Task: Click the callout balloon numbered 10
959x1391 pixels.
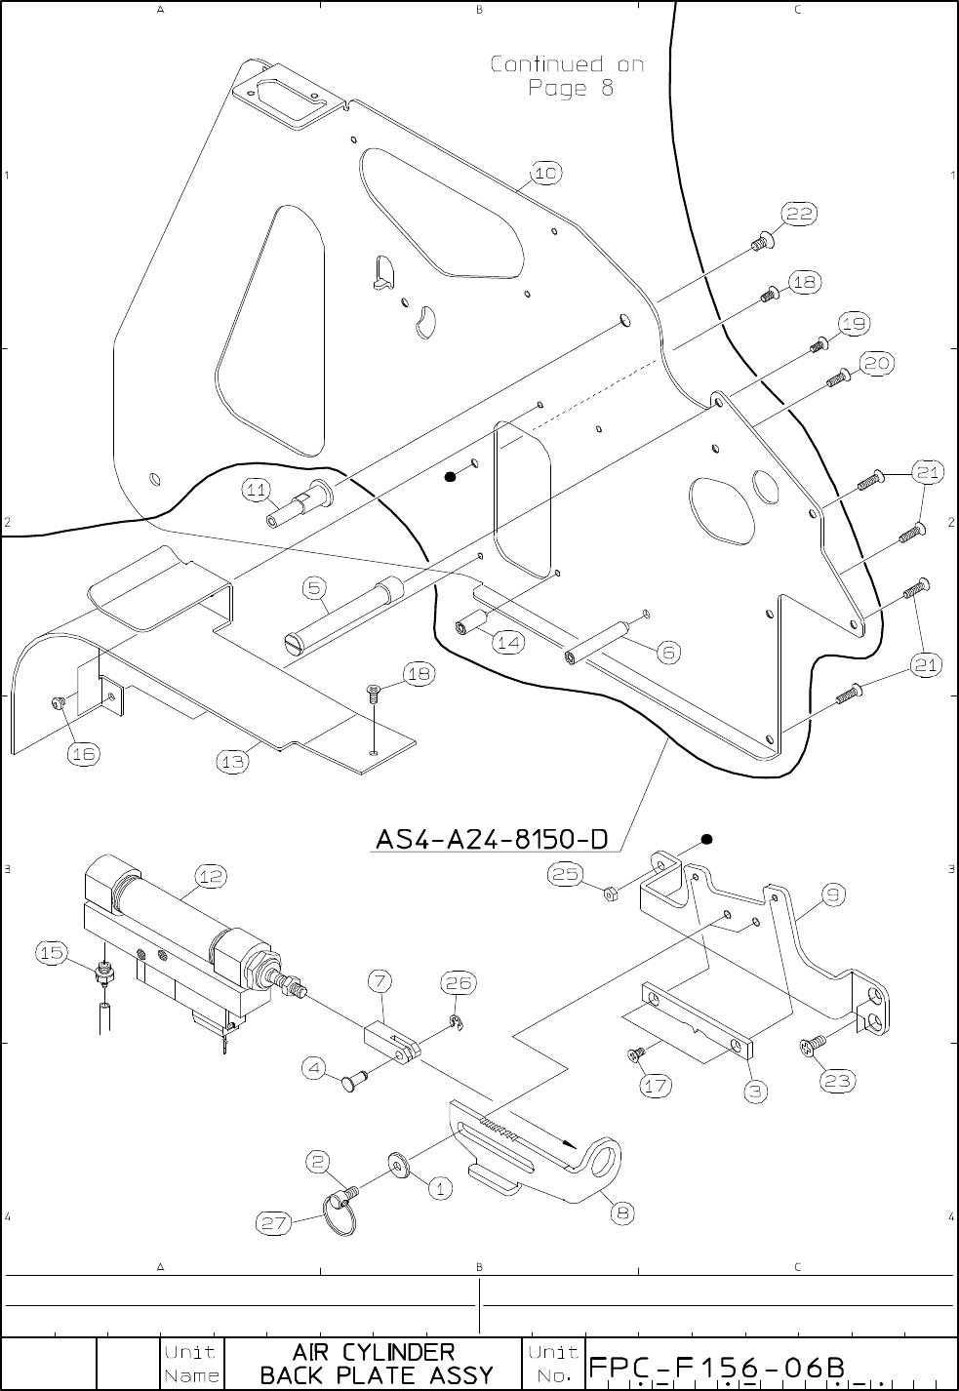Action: point(545,173)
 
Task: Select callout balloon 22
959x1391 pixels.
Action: point(799,215)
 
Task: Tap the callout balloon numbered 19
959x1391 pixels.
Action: point(853,323)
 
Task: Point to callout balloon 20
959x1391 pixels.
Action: point(875,363)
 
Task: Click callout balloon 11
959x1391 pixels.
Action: point(258,492)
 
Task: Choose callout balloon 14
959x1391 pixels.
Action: point(508,642)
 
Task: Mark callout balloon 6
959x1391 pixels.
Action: point(668,653)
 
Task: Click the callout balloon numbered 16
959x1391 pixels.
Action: point(84,753)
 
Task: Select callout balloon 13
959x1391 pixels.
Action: point(233,763)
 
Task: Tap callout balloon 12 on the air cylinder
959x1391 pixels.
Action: point(210,876)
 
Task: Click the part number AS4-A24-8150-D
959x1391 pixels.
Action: point(492,839)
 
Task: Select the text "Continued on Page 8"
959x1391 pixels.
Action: point(567,76)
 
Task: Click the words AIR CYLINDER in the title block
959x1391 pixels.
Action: point(374,1352)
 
